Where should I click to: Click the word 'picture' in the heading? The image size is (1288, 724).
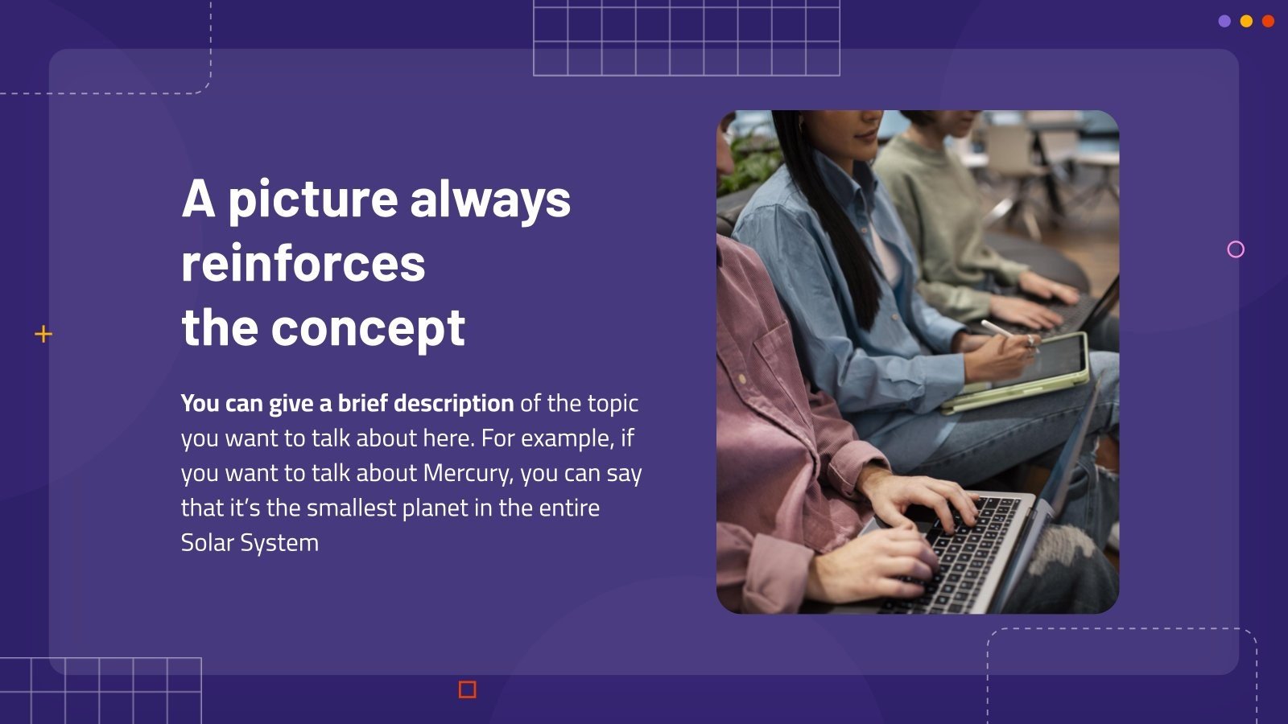coord(313,200)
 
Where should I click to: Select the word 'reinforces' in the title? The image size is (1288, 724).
coord(303,264)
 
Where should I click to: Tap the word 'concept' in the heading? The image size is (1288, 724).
coord(368,328)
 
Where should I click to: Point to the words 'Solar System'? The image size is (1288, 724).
coord(250,543)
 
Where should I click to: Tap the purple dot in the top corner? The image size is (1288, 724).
coord(1224,22)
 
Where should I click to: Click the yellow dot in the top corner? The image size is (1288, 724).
coord(1246,22)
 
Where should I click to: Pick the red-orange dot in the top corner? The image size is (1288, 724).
coord(1268,22)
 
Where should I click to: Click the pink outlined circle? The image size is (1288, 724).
coord(1236,249)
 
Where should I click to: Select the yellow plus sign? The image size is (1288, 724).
coord(43,334)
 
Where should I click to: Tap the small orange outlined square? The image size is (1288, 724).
coord(467,689)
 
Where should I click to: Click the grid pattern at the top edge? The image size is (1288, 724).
coord(686,38)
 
